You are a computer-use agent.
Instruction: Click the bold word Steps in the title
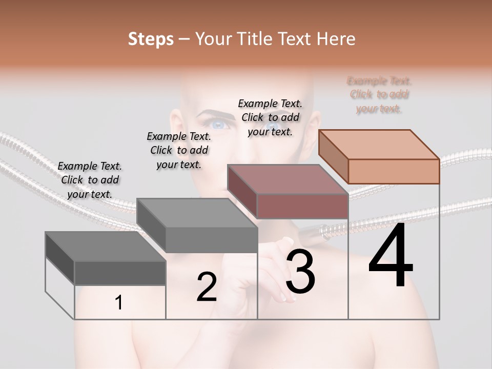tap(151, 39)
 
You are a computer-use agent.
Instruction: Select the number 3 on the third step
tap(300, 272)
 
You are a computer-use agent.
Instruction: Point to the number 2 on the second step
tap(207, 287)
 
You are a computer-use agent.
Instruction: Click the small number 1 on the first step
tap(119, 303)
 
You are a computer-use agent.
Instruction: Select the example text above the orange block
tap(379, 95)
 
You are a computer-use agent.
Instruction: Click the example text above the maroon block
tap(270, 117)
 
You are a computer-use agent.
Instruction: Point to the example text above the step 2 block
tap(179, 150)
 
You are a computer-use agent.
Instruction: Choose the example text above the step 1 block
tap(90, 180)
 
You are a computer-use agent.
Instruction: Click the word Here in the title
tap(336, 39)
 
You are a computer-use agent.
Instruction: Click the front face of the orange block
tap(394, 171)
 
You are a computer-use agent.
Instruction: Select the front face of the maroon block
tap(302, 206)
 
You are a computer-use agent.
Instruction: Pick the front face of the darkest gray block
tap(120, 273)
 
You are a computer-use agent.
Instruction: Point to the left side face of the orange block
tap(333, 156)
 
